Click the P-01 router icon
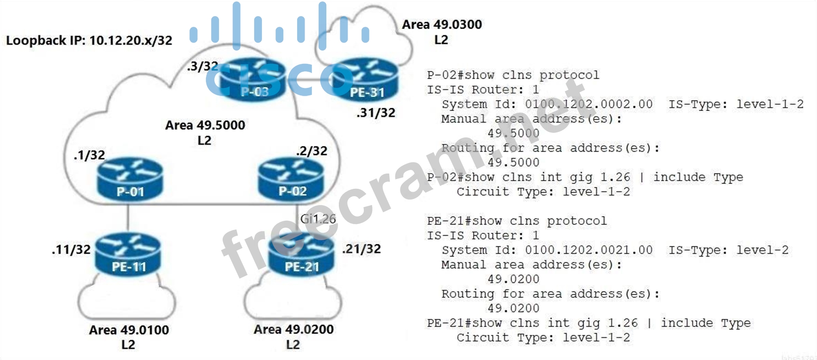(x=130, y=179)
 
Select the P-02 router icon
(x=291, y=179)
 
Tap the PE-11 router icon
(x=128, y=255)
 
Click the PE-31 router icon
(x=366, y=81)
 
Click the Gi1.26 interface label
(x=318, y=219)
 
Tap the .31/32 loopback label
(x=376, y=113)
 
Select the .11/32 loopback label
(x=71, y=250)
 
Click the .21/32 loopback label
(x=362, y=249)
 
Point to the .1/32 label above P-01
(x=89, y=155)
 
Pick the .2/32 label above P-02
(x=312, y=151)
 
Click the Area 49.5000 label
(x=205, y=125)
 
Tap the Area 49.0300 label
(x=442, y=25)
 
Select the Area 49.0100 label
(x=129, y=330)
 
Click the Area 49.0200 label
(x=293, y=329)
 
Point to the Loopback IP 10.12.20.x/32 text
(x=89, y=41)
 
